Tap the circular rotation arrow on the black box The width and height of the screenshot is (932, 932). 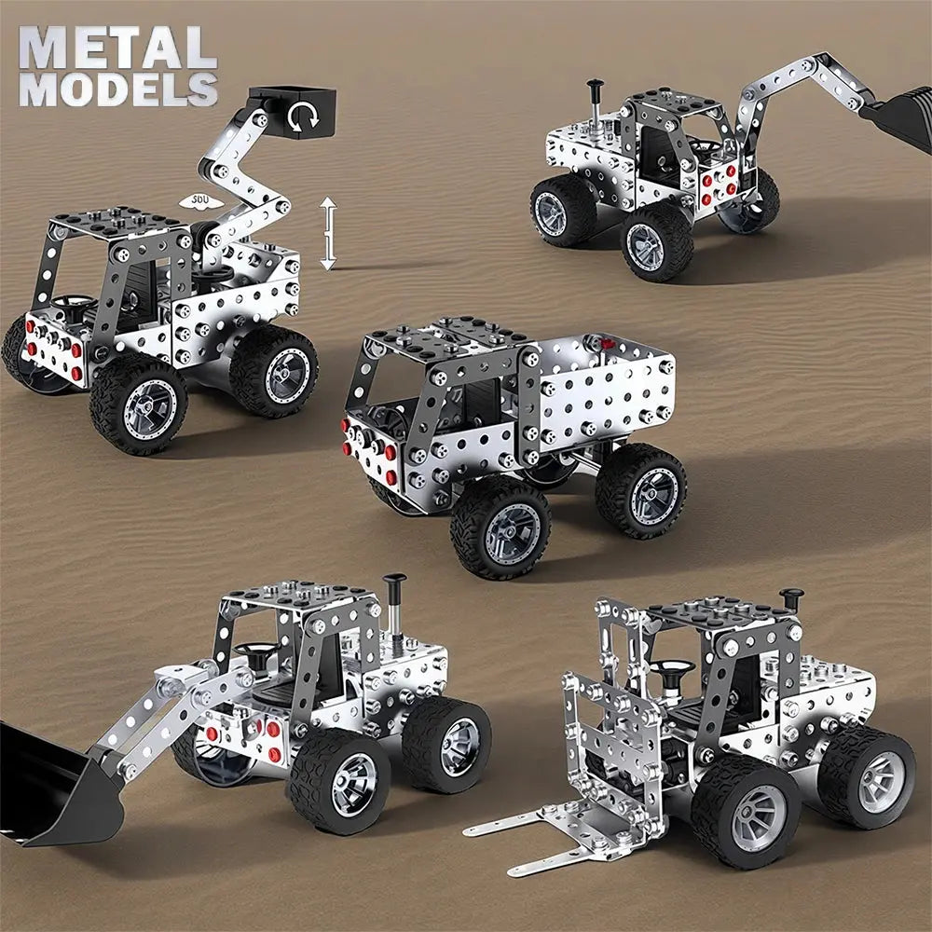(x=304, y=116)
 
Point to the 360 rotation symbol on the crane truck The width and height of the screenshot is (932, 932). (x=199, y=201)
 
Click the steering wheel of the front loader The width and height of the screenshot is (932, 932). (x=253, y=650)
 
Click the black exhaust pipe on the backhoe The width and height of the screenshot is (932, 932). (x=594, y=103)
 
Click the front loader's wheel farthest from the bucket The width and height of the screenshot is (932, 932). (x=446, y=742)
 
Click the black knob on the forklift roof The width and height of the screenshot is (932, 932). (x=792, y=597)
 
